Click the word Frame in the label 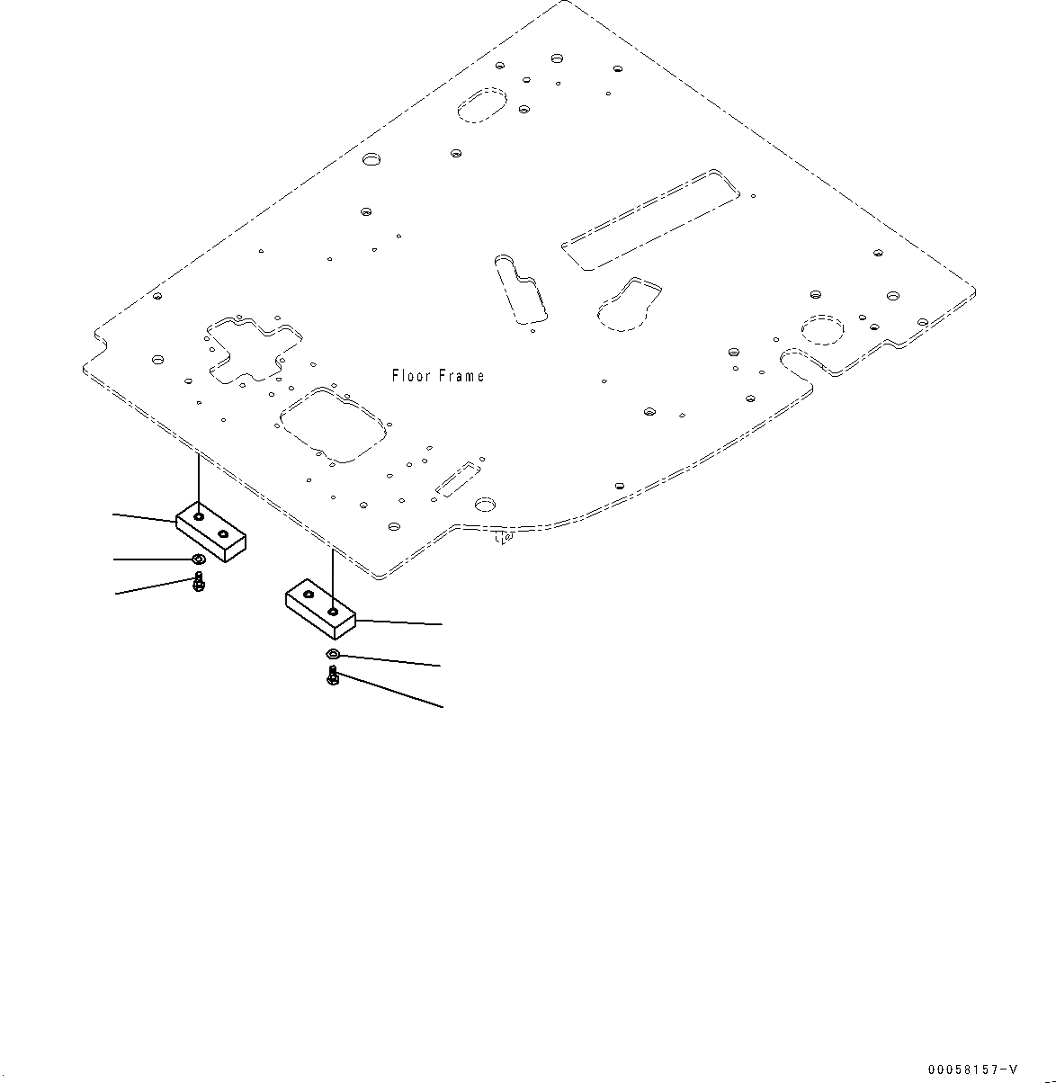click(461, 376)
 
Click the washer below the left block click(198, 561)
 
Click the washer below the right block click(333, 654)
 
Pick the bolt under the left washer click(198, 582)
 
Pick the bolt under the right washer click(333, 676)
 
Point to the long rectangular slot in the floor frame click(655, 219)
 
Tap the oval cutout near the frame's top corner click(484, 104)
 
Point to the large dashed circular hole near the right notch click(820, 330)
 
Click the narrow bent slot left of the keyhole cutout click(521, 288)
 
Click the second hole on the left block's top click(222, 533)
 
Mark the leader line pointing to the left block click(144, 518)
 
